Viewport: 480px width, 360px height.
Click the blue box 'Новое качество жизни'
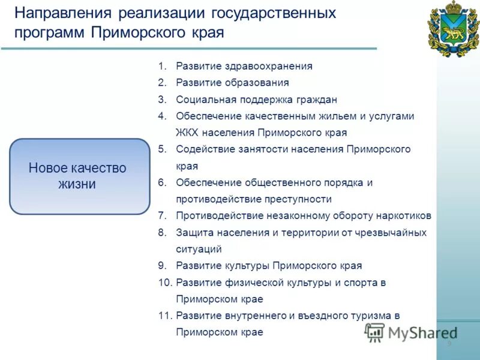pyautogui.click(x=79, y=176)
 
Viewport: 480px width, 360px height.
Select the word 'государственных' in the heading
pyautogui.click(x=279, y=13)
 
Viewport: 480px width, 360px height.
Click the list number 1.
pyautogui.click(x=162, y=67)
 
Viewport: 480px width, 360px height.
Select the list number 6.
pyautogui.click(x=162, y=182)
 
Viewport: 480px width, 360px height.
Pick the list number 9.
pyautogui.click(x=162, y=265)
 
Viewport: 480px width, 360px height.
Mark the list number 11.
pyautogui.click(x=165, y=315)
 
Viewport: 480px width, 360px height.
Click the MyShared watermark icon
pyautogui.click(x=374, y=332)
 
